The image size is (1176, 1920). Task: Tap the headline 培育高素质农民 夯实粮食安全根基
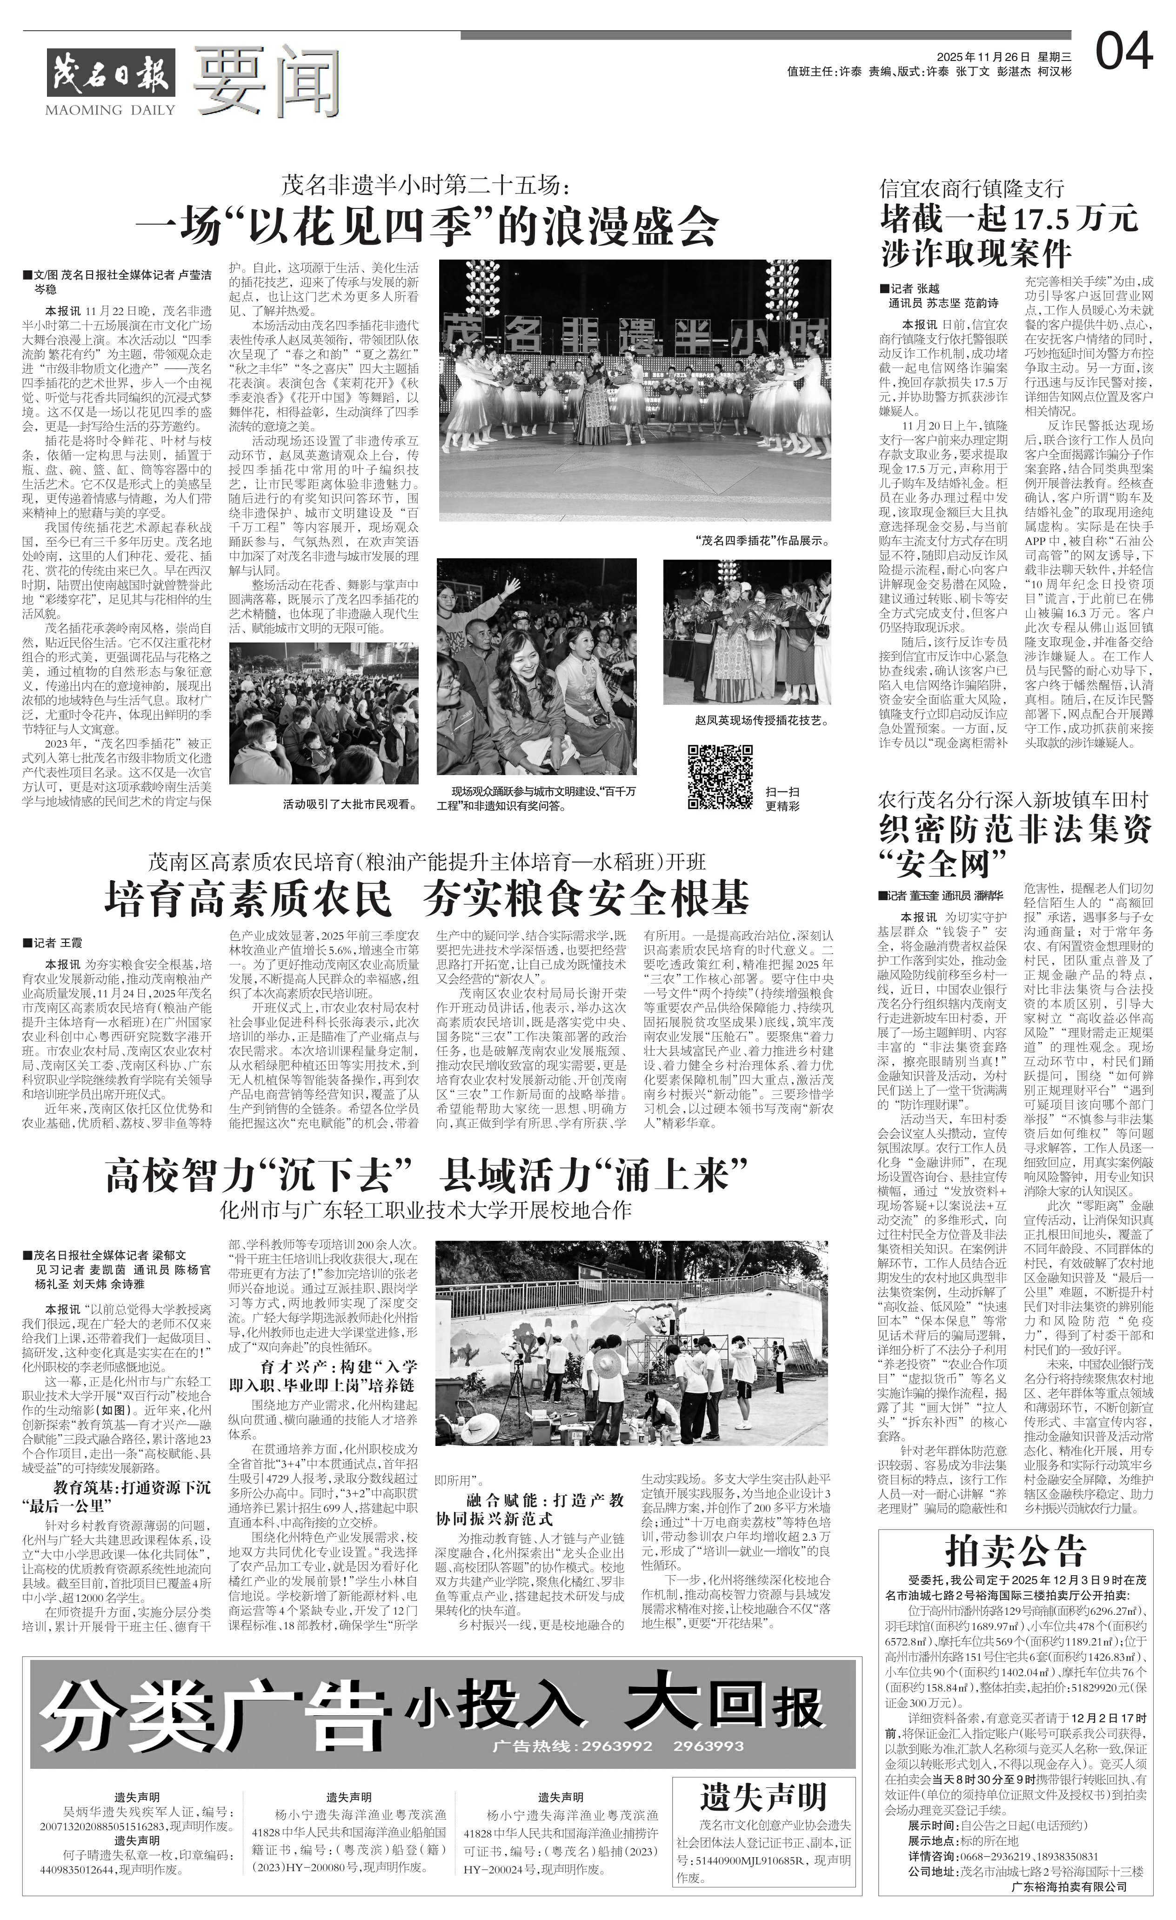point(427,898)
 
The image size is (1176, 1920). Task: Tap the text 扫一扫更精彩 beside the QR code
point(782,799)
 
